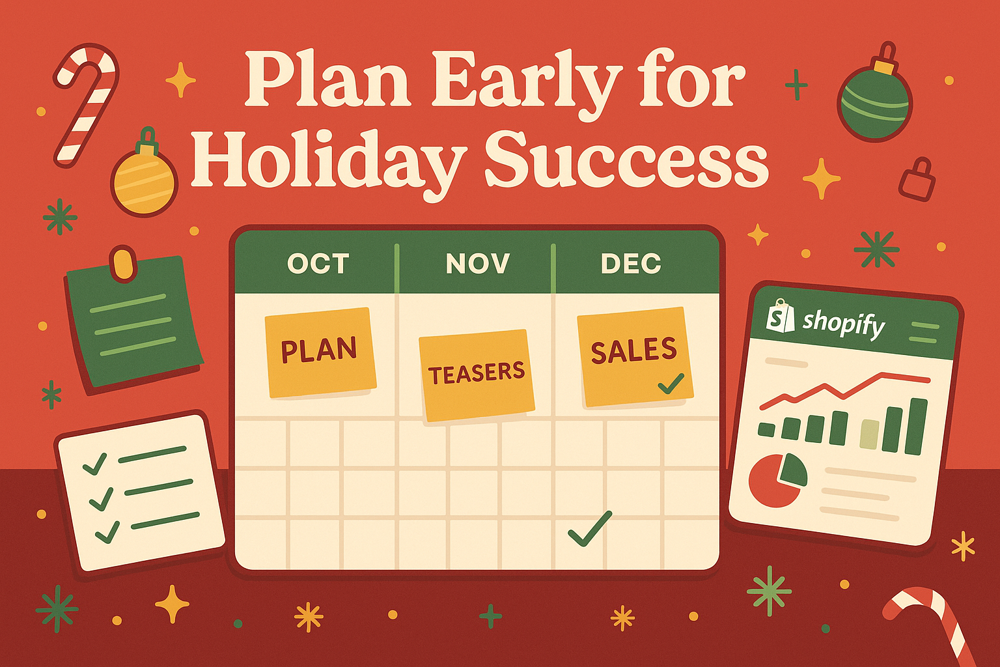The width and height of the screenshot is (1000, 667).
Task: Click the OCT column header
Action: pyautogui.click(x=318, y=263)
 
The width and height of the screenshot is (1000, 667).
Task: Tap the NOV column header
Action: pyautogui.click(x=477, y=263)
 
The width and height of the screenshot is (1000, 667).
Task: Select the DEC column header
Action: pyautogui.click(x=631, y=263)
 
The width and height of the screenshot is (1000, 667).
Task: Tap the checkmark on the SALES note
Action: pyautogui.click(x=671, y=383)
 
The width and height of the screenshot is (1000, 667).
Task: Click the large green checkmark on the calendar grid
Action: pyautogui.click(x=590, y=528)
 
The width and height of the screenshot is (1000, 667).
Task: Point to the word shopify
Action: pyautogui.click(x=844, y=323)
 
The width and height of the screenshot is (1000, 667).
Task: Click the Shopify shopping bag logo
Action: pyautogui.click(x=781, y=317)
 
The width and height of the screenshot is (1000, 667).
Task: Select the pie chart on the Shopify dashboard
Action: pyautogui.click(x=777, y=479)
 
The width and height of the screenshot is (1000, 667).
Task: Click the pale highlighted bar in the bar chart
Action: pyautogui.click(x=869, y=434)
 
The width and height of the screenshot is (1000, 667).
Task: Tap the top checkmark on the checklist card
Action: pyautogui.click(x=95, y=464)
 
